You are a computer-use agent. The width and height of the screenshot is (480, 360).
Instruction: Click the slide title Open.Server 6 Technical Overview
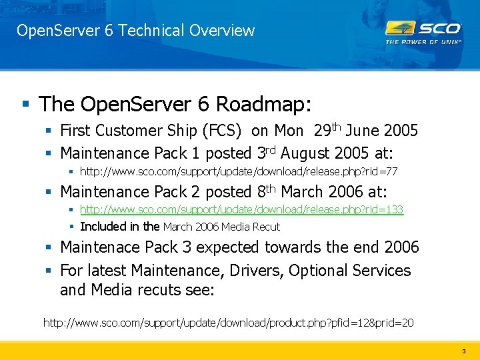[135, 31]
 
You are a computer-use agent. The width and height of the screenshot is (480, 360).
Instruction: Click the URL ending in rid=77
[238, 171]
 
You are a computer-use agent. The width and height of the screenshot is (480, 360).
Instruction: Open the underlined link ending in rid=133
[241, 209]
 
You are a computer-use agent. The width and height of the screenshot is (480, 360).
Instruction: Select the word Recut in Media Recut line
[266, 227]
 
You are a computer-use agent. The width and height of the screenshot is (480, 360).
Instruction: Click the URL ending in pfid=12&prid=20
[228, 323]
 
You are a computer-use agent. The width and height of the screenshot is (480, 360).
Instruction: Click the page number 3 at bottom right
[463, 351]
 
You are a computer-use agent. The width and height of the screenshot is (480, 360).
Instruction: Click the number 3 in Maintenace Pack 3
[187, 247]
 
